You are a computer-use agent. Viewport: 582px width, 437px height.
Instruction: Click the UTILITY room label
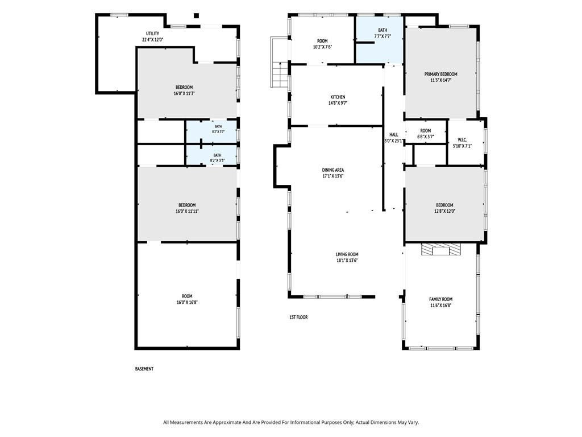point(152,34)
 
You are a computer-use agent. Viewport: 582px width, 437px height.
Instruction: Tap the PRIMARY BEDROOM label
point(440,75)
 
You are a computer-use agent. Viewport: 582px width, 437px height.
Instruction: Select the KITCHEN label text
point(338,97)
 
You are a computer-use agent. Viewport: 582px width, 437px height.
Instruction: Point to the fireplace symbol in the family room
point(441,249)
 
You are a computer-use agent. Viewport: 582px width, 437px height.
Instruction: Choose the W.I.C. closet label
point(462,140)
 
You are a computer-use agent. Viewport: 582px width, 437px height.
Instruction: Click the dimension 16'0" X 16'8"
point(187,303)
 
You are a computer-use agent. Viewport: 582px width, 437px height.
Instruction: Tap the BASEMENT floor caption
point(144,369)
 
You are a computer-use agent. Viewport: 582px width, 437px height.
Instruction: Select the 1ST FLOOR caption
point(298,318)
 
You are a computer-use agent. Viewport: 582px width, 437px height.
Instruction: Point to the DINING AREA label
point(333,170)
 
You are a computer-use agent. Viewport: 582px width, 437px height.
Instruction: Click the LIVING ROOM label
point(347,254)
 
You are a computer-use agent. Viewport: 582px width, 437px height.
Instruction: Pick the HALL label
point(394,134)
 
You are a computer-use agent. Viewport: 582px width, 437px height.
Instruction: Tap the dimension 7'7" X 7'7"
point(383,36)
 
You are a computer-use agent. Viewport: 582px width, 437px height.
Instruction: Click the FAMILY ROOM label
point(441,299)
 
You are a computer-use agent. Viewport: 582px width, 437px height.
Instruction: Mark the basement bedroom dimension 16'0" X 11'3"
point(184,94)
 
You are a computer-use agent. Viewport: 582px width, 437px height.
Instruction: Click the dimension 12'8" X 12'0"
point(444,211)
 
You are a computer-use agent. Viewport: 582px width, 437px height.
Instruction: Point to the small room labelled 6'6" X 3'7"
point(425,131)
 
